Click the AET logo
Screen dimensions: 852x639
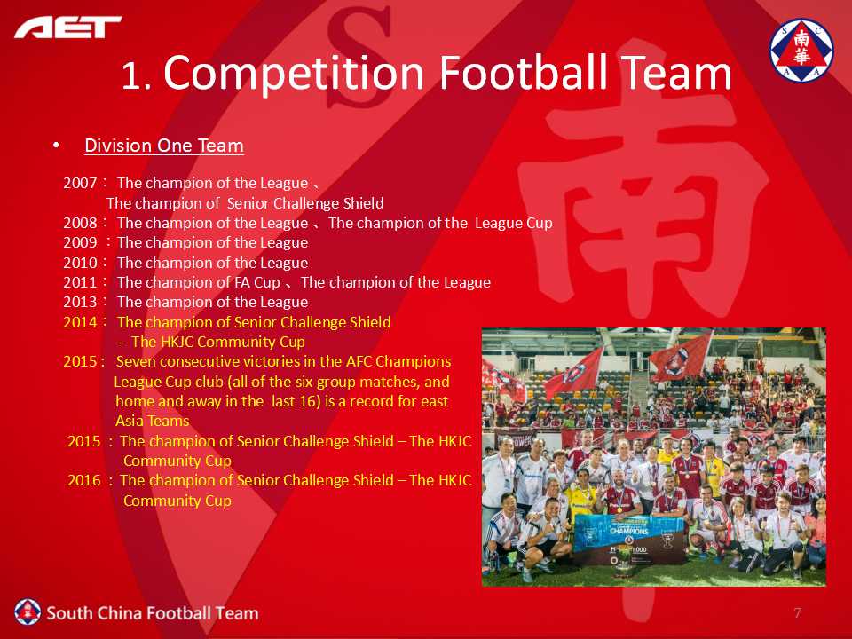(x=68, y=28)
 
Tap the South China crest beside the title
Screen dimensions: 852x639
(x=801, y=51)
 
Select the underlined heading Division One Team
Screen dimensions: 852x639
(x=164, y=146)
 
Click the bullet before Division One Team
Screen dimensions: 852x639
(x=56, y=145)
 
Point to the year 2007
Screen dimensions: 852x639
(x=80, y=183)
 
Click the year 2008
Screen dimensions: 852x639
(x=80, y=223)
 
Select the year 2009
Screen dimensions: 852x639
(x=80, y=242)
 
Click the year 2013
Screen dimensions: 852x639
(x=80, y=302)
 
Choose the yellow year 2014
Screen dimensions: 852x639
(x=80, y=322)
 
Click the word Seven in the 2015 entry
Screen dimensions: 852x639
(x=136, y=361)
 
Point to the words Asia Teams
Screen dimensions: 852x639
(x=152, y=421)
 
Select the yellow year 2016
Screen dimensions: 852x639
(x=84, y=480)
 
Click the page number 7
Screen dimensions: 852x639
(x=797, y=613)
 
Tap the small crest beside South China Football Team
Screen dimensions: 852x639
(x=28, y=612)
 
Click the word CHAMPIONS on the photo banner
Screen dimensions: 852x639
(x=628, y=531)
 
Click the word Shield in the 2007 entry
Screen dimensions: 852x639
(x=364, y=203)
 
